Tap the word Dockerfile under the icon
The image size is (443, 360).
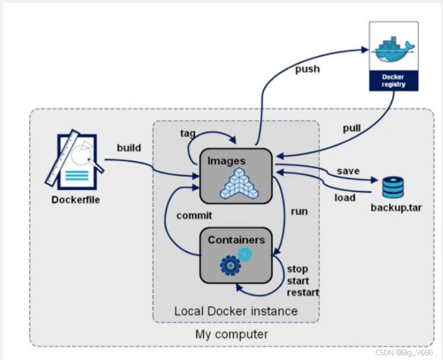pyautogui.click(x=76, y=199)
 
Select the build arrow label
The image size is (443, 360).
pyautogui.click(x=129, y=148)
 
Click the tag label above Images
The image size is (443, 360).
pyautogui.click(x=188, y=132)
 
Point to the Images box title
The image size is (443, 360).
pyautogui.click(x=226, y=161)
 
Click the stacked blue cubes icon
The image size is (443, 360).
pyautogui.click(x=239, y=183)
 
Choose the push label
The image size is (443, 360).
pyautogui.click(x=307, y=69)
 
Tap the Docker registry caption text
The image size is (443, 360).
pyautogui.click(x=393, y=80)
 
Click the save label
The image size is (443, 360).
pyautogui.click(x=348, y=171)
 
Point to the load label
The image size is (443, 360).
pyautogui.click(x=345, y=198)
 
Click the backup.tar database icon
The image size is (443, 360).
pyautogui.click(x=393, y=187)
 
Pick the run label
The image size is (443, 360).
pyautogui.click(x=300, y=211)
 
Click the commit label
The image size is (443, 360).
pyautogui.click(x=194, y=216)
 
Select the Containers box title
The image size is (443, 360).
pyautogui.click(x=236, y=240)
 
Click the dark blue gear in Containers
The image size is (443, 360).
pyautogui.click(x=230, y=264)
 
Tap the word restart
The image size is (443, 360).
pyautogui.click(x=302, y=293)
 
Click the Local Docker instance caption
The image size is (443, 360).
pyautogui.click(x=236, y=311)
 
